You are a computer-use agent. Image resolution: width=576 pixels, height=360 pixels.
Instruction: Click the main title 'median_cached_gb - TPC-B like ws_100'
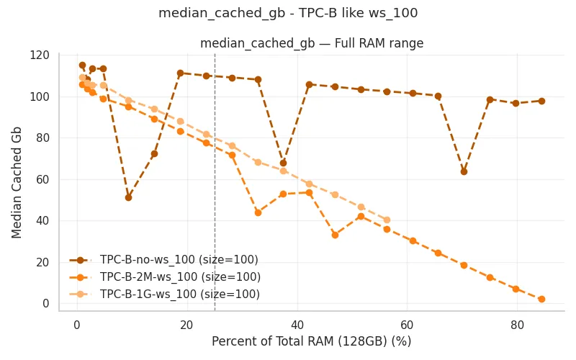pos(288,13)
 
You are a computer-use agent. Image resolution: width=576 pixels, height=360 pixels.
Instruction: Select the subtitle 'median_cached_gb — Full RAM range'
pos(312,43)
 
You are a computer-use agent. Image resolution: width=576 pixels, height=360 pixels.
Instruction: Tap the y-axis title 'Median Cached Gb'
pos(17,183)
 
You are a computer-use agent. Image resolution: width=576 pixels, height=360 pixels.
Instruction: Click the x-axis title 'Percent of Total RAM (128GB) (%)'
pos(312,341)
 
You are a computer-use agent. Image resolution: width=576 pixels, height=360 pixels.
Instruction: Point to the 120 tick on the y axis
pos(40,55)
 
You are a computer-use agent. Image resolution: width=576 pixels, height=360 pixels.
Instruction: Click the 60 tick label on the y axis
pos(42,179)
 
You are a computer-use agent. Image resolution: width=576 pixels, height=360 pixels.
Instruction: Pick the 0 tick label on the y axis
pos(46,303)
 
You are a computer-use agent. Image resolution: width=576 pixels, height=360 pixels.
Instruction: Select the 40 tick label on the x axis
pos(297,325)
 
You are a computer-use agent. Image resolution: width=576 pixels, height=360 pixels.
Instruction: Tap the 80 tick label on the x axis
pos(517,325)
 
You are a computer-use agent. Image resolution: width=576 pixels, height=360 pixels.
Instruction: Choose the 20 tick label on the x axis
pos(187,325)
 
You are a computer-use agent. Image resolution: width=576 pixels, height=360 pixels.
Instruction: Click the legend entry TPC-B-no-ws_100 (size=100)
pos(164,260)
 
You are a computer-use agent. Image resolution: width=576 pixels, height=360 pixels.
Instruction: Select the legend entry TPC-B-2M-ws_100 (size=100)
pos(165,277)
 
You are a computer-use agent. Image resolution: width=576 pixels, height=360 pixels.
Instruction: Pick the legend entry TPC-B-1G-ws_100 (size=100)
pos(165,294)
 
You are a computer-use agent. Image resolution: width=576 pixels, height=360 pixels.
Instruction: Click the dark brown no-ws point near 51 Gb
pos(129,197)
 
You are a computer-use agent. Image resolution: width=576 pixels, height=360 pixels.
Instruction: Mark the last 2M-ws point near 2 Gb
pos(541,300)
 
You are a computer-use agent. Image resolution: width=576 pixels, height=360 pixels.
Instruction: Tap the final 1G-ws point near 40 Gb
pos(387,220)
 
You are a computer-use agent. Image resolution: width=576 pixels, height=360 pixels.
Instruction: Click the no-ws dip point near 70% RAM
pos(464,171)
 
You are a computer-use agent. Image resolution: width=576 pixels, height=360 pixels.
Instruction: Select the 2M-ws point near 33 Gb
pos(335,235)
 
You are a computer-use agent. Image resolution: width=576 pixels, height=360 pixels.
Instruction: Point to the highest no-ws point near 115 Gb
pos(82,66)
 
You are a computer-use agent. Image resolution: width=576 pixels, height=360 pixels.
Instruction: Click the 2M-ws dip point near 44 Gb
pos(258,212)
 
